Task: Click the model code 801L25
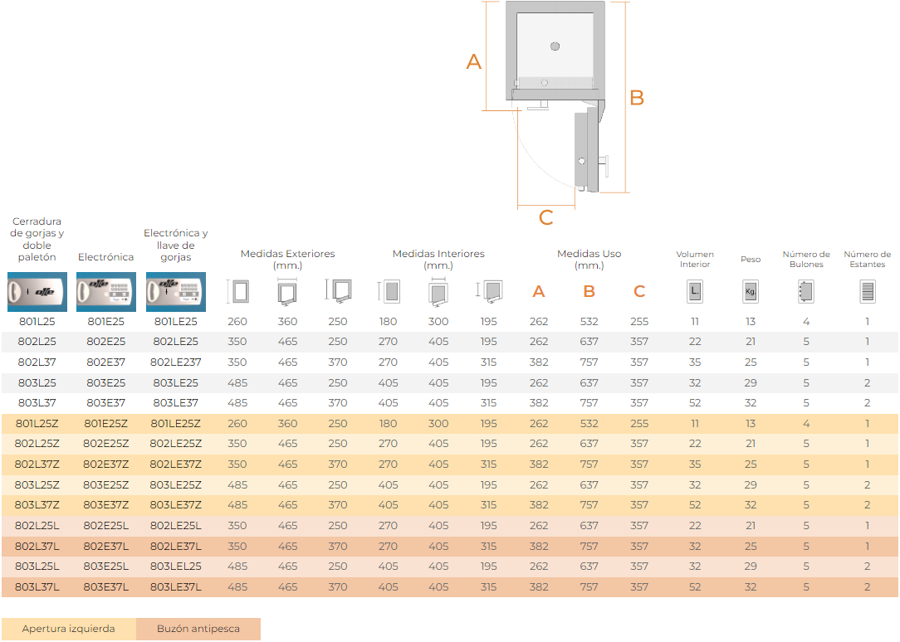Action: point(37,322)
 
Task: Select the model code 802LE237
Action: point(176,362)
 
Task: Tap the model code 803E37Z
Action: point(106,505)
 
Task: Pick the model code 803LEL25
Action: point(176,567)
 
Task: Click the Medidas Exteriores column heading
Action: point(287,259)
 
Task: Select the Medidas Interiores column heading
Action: point(438,259)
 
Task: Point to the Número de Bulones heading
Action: point(806,259)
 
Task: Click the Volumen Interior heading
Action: point(695,259)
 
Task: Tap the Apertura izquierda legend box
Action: point(69,629)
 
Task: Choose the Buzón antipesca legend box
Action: point(198,629)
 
